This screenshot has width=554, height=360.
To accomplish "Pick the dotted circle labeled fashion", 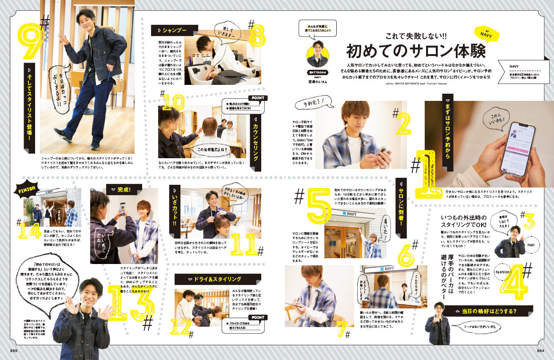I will pos(502,272).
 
